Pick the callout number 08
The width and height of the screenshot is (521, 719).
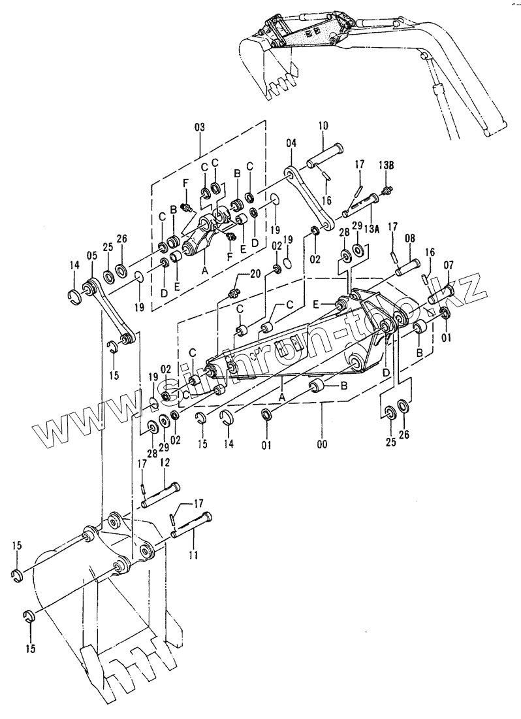pos(410,239)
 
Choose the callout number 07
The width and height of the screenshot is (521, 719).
pos(449,265)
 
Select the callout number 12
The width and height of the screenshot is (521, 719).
pos(165,462)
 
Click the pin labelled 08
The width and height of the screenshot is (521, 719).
pos(406,266)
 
